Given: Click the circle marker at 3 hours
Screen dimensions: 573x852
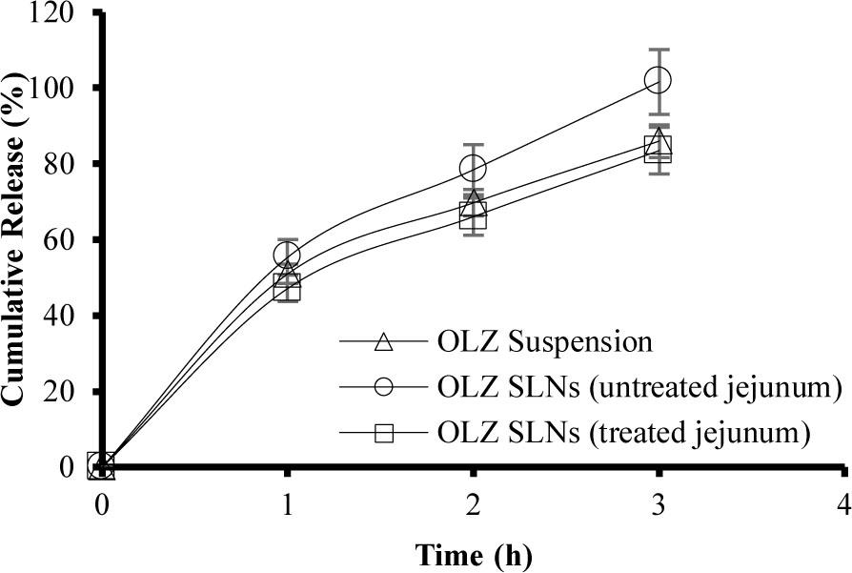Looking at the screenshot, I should tap(658, 80).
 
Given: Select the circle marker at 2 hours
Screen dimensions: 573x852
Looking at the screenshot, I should tap(473, 168).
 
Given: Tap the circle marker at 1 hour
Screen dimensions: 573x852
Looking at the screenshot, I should tap(287, 255).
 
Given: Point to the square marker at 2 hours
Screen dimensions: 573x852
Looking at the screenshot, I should tap(473, 216).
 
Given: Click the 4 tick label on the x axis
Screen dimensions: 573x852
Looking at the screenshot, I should tap(842, 502).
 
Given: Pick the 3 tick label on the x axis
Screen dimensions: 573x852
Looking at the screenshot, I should tap(658, 502).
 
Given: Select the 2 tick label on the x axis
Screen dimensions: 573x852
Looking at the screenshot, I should tap(473, 502).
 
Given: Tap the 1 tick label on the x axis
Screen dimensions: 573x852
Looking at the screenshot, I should tap(287, 502).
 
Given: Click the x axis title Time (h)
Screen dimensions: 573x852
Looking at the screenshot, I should tap(473, 554).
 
